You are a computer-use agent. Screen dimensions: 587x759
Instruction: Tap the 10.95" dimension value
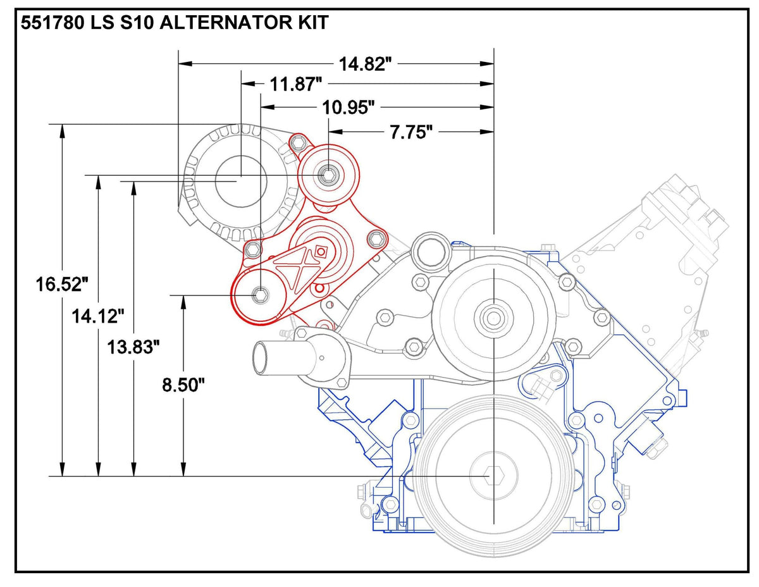(349, 108)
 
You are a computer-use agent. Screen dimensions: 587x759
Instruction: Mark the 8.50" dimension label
(183, 385)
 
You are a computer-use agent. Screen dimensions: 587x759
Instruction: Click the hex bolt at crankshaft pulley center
(493, 475)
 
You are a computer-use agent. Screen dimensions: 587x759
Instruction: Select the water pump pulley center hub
(492, 316)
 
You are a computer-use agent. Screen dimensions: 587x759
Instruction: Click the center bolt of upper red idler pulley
(328, 175)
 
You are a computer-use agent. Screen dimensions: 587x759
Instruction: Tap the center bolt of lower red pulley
(259, 294)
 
